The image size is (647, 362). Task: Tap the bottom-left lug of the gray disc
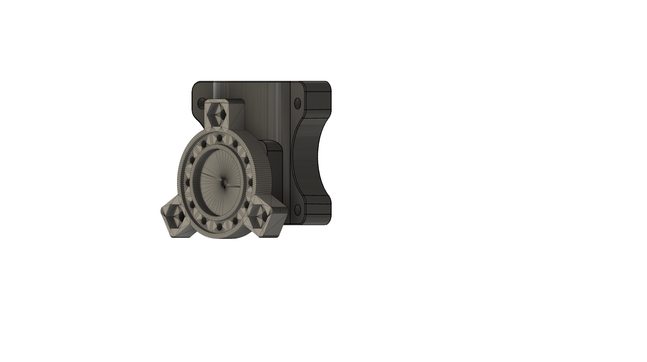point(176,219)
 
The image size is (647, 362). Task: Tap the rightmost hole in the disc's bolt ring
point(251,183)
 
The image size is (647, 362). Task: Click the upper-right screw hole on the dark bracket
point(297,102)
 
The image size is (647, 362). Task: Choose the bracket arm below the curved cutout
point(317,211)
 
